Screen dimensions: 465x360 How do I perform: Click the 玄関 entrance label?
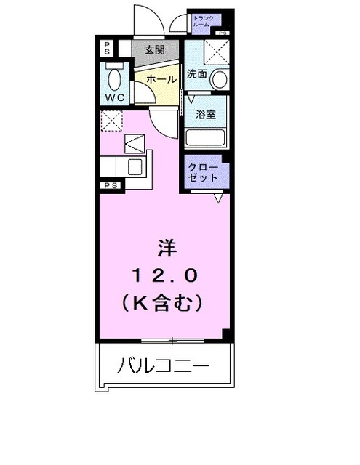153,50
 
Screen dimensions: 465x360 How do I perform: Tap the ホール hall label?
159,79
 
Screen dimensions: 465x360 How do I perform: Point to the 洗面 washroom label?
196,74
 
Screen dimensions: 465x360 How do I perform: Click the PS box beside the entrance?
107,49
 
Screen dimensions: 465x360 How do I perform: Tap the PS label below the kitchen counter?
111,186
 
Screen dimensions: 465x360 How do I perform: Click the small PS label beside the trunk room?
221,33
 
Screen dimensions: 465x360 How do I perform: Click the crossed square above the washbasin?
215,52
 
